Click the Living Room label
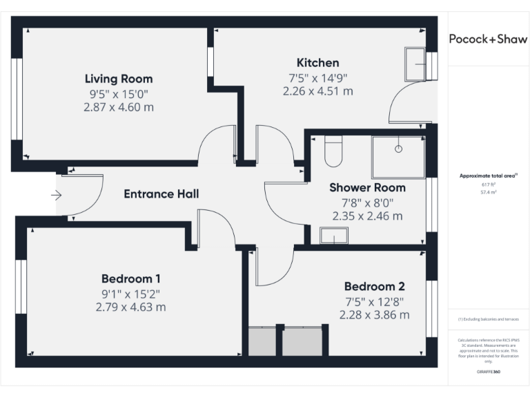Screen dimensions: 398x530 coord(119,79)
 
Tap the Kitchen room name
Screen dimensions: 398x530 coord(317,63)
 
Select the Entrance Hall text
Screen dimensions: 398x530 coord(161,194)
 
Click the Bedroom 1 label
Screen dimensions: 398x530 coord(130,279)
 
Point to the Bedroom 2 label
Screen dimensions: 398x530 coord(374,286)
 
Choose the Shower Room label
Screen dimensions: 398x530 coord(367,187)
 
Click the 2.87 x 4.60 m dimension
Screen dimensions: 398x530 coord(119,107)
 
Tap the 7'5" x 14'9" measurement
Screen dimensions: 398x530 coord(317,77)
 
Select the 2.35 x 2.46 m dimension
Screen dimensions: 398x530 coord(367,216)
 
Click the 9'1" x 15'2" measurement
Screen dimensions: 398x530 coord(130,293)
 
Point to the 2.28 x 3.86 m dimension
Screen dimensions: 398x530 coord(374,314)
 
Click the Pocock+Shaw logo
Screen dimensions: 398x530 coord(488,39)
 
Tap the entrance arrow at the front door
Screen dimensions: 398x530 coord(56,196)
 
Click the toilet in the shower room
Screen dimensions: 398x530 coord(333,152)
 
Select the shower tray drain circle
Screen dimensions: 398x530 coord(398,149)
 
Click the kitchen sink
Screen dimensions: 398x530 coord(415,64)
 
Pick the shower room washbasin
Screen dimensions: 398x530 coord(334,236)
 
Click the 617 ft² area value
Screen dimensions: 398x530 coord(488,185)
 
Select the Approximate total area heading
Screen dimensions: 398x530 coord(488,176)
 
